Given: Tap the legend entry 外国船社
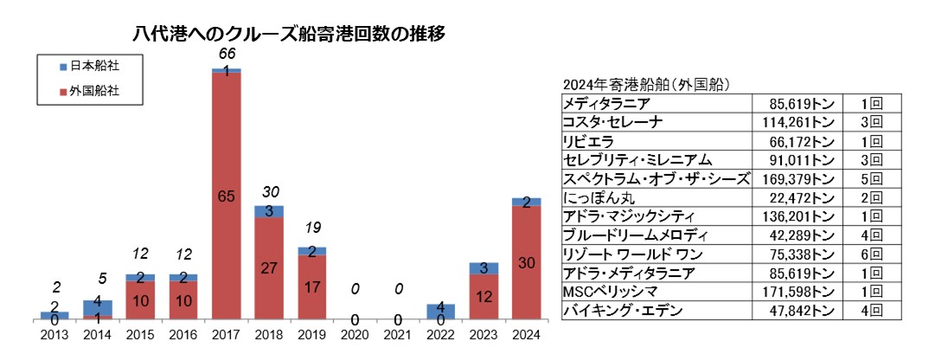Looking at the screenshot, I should tap(93, 90).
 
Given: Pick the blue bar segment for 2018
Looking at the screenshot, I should tap(269, 211).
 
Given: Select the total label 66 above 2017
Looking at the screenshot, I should tap(227, 55).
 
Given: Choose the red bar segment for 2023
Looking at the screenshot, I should tap(483, 297).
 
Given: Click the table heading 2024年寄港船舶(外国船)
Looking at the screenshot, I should tap(647, 85).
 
